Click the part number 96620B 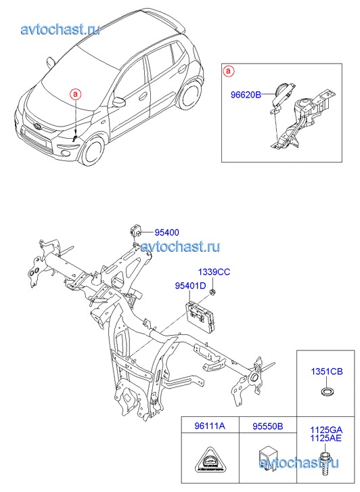pos(246,95)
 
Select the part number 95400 pos(166,233)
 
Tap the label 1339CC pos(214,272)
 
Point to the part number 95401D pos(191,286)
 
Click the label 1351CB pos(327,372)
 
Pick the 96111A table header pos(210,426)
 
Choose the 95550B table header pos(268,426)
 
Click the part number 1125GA pos(326,430)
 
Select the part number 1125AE pos(325,438)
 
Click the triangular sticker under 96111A pos(210,461)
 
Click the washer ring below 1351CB pos(327,392)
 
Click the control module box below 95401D pos(202,316)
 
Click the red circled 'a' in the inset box pos(228,71)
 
